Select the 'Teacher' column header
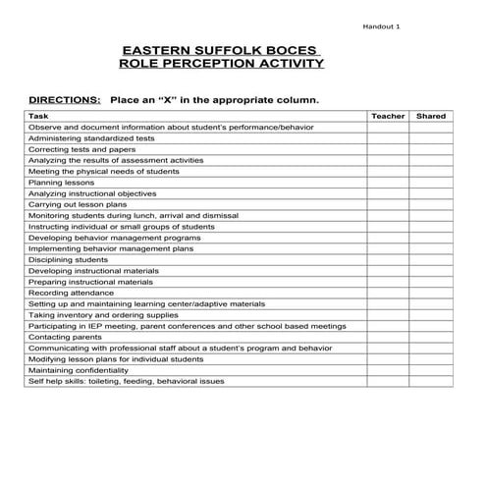387,116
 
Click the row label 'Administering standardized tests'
89,138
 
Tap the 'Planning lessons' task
60,183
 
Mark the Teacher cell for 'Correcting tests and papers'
387,149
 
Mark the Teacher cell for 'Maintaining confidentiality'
387,370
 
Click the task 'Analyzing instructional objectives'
92,193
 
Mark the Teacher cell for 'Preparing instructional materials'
387,282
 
